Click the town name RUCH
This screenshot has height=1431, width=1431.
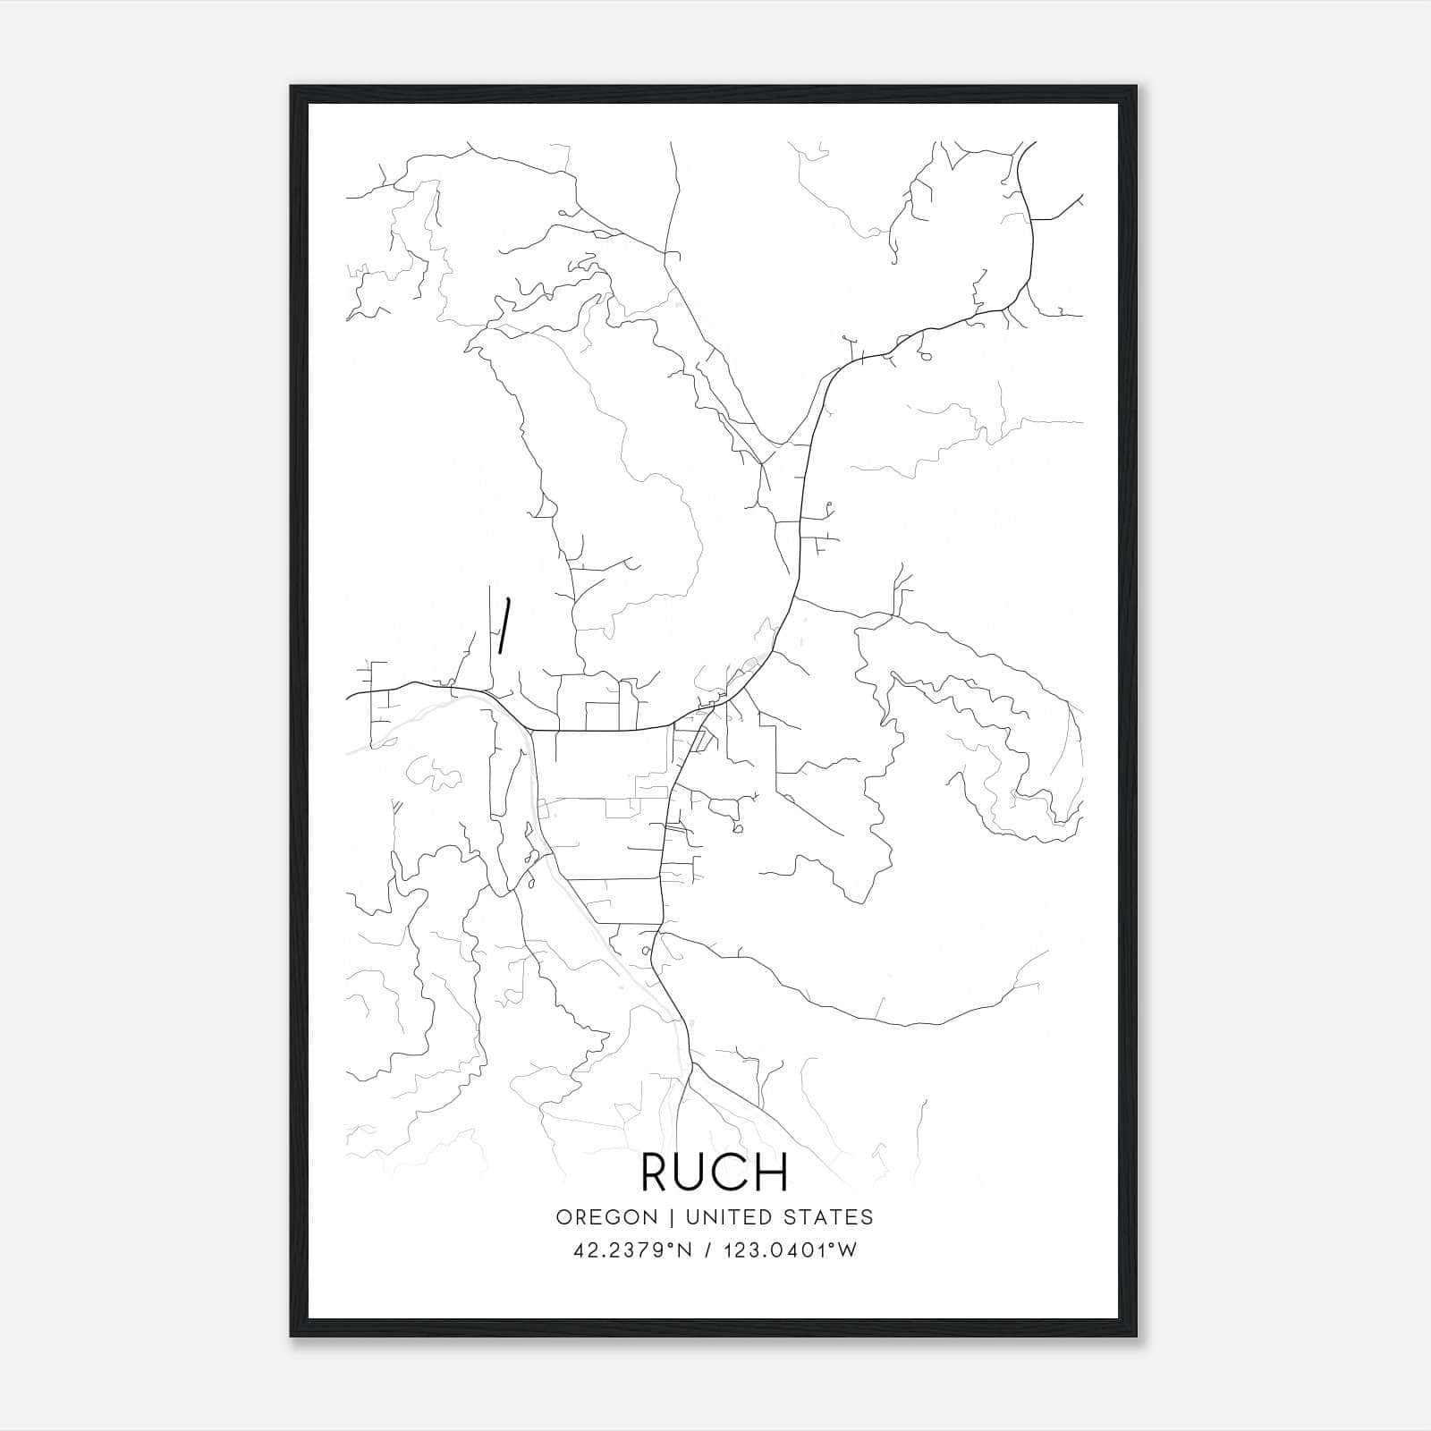tap(715, 1172)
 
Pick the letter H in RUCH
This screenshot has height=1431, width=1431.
tap(770, 1172)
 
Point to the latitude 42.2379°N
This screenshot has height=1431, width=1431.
tap(633, 1250)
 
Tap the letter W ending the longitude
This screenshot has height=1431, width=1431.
tap(847, 1250)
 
